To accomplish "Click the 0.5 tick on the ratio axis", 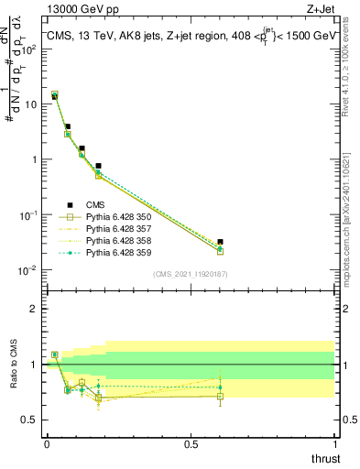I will click(x=29, y=420).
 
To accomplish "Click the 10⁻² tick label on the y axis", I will click(x=28, y=270).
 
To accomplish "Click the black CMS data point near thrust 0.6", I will click(x=220, y=242).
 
